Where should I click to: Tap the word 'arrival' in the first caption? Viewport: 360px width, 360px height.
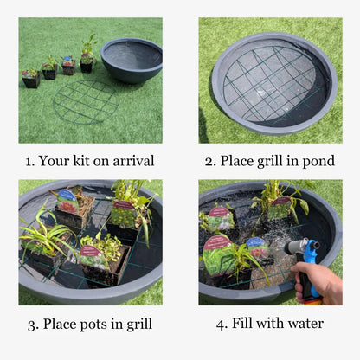coord(132,160)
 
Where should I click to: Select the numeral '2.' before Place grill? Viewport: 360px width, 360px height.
coord(209,160)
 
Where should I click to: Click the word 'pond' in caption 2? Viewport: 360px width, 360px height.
coord(316,161)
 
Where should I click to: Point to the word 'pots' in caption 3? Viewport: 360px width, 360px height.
coord(102,325)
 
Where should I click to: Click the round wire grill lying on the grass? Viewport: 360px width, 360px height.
coord(85,102)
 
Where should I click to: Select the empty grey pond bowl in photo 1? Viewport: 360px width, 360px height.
coord(131,59)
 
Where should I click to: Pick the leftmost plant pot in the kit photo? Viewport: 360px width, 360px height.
coord(29,80)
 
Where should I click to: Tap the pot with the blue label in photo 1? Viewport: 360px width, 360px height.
coord(67,66)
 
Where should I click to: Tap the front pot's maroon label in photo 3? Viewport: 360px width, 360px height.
coord(90,250)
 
